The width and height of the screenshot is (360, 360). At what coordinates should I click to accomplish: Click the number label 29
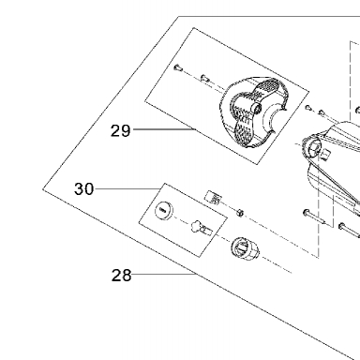click(121, 130)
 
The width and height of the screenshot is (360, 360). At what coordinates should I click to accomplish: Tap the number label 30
click(83, 189)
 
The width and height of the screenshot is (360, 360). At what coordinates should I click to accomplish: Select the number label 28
click(121, 276)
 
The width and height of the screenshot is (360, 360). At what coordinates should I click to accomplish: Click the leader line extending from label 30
click(127, 189)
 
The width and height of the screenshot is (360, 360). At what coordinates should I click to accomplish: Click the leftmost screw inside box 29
click(177, 67)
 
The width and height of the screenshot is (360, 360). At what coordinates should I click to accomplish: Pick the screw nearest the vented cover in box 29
click(204, 78)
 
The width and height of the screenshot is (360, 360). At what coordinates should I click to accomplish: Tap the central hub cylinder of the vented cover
click(256, 108)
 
